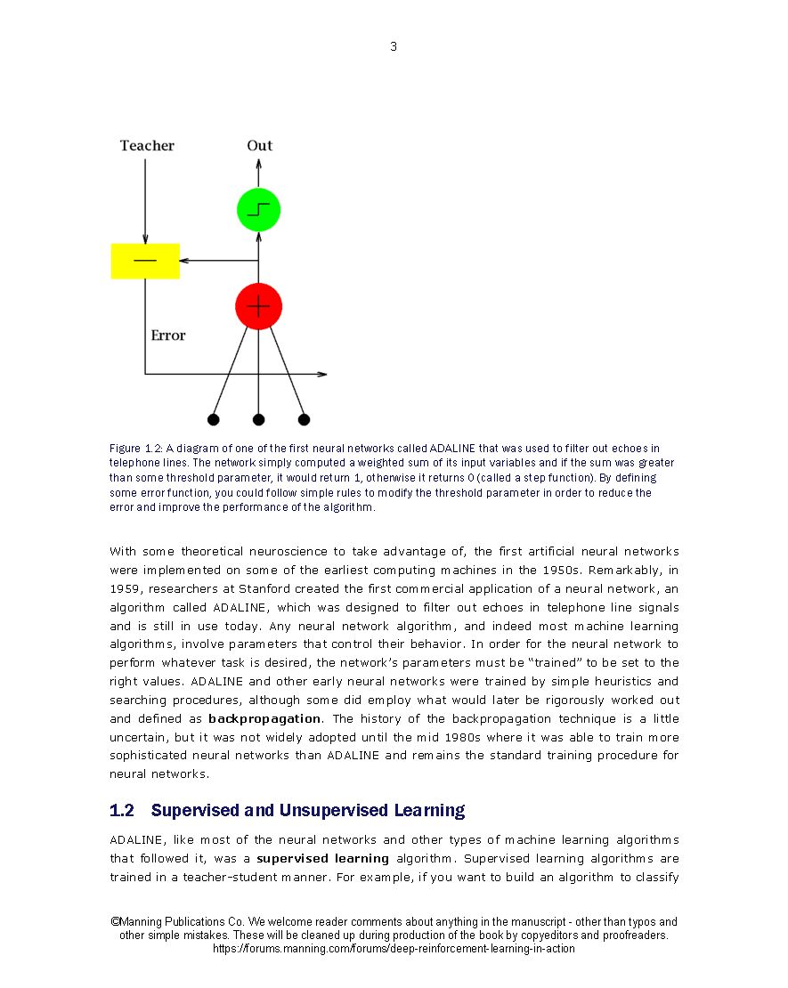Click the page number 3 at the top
[x=394, y=47]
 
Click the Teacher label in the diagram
[x=147, y=146]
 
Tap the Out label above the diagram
[x=260, y=146]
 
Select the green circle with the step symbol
[x=258, y=210]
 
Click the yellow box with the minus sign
[x=145, y=261]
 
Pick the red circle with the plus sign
[x=258, y=306]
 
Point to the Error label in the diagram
[x=168, y=336]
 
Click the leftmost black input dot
[x=213, y=419]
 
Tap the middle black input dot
[x=258, y=419]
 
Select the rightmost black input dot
[x=304, y=419]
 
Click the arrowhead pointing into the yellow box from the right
[x=184, y=261]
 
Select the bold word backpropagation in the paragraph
[x=264, y=718]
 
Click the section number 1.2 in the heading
[x=122, y=811]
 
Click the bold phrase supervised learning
[x=323, y=859]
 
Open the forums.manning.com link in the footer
[x=394, y=949]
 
